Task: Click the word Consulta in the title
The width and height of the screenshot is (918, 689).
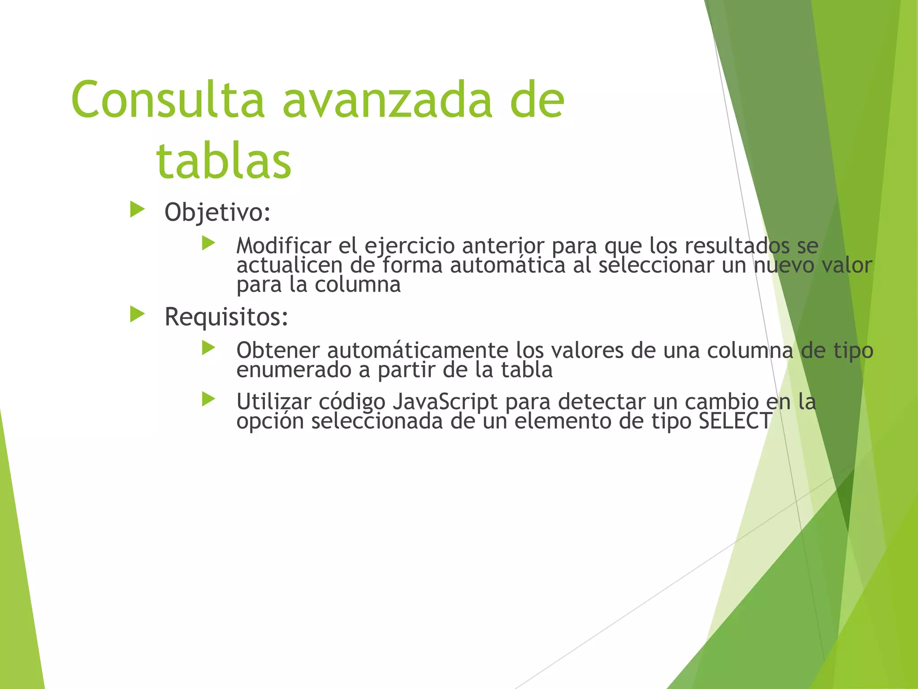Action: coord(168,100)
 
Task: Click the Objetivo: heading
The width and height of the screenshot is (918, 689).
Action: coord(217,212)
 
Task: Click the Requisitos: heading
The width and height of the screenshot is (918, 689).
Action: coord(226,317)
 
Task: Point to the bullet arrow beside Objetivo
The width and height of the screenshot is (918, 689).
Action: coord(137,209)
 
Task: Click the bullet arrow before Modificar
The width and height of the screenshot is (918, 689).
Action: coord(208,243)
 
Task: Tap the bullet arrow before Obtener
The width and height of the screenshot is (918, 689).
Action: coord(208,348)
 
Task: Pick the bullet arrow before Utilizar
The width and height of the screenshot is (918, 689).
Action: coord(208,399)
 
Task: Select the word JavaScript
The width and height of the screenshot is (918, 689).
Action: coord(445,401)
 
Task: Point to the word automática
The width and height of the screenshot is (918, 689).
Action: coord(507,265)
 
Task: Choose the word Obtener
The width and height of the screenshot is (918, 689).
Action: coord(278,350)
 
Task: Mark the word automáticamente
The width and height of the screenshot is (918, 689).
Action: coord(418,350)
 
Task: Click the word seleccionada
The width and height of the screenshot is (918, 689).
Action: coord(377,421)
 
